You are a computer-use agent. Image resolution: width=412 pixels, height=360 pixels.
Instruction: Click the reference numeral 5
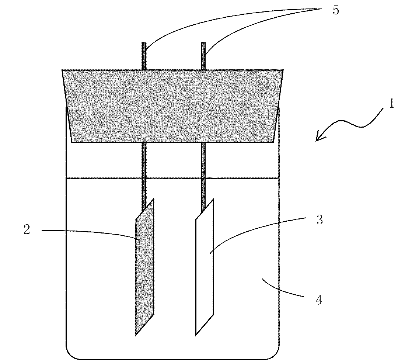pos(335,10)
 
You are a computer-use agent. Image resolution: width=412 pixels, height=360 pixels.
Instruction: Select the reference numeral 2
pos(27,230)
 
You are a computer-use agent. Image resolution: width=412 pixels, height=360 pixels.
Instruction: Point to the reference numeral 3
pos(319,220)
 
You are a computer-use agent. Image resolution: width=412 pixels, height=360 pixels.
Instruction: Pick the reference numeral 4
pos(319,300)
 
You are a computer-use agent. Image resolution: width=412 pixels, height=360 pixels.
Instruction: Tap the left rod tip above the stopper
pos(144,45)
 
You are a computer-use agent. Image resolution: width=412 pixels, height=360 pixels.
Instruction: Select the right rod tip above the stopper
pos(203,45)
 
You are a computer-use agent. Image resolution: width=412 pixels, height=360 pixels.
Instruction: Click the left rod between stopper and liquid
pos(144,160)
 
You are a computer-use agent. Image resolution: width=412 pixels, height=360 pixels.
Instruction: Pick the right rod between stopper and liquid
pos(203,160)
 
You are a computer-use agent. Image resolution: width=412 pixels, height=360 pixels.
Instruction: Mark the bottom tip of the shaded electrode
pos(136,334)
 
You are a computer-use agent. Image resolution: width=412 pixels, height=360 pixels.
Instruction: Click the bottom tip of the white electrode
pos(196,335)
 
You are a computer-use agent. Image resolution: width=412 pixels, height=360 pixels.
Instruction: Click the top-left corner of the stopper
pos(63,70)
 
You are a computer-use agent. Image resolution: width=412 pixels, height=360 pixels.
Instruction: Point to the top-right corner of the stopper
pos(283,70)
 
